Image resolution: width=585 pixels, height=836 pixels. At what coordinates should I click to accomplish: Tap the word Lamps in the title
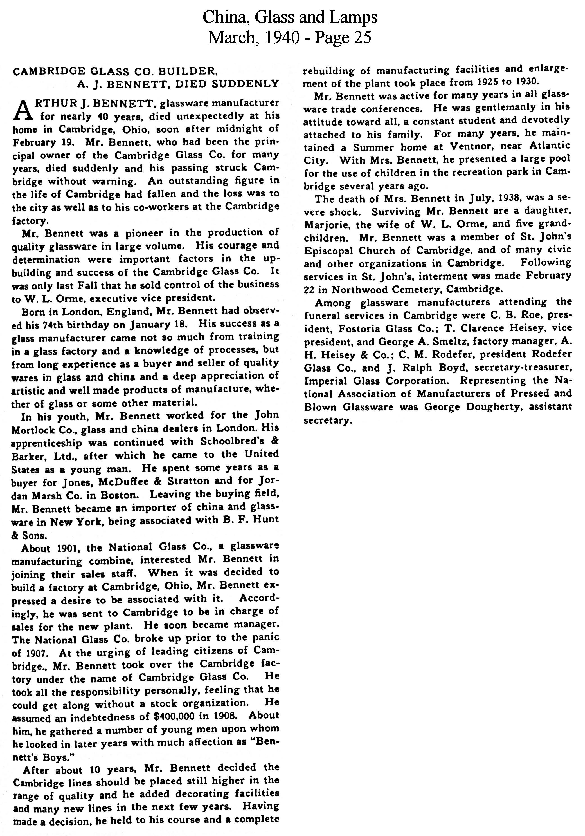coord(355,17)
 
